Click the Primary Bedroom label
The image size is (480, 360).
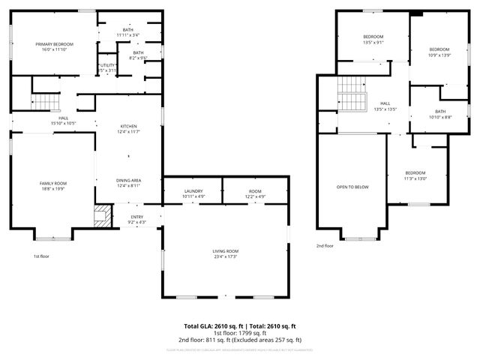click(x=53, y=45)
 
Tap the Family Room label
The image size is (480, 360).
click(x=53, y=183)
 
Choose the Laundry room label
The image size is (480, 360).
click(x=193, y=192)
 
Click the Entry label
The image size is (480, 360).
click(x=137, y=217)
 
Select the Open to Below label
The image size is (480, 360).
click(x=352, y=187)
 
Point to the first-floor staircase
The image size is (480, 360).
click(x=45, y=101)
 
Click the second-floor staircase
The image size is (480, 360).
click(x=350, y=94)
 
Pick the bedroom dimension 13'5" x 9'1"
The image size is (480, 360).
click(x=373, y=43)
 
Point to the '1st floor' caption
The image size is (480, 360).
click(x=41, y=256)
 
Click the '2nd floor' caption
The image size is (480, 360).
click(x=324, y=245)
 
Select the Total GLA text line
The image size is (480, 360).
click(x=240, y=326)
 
